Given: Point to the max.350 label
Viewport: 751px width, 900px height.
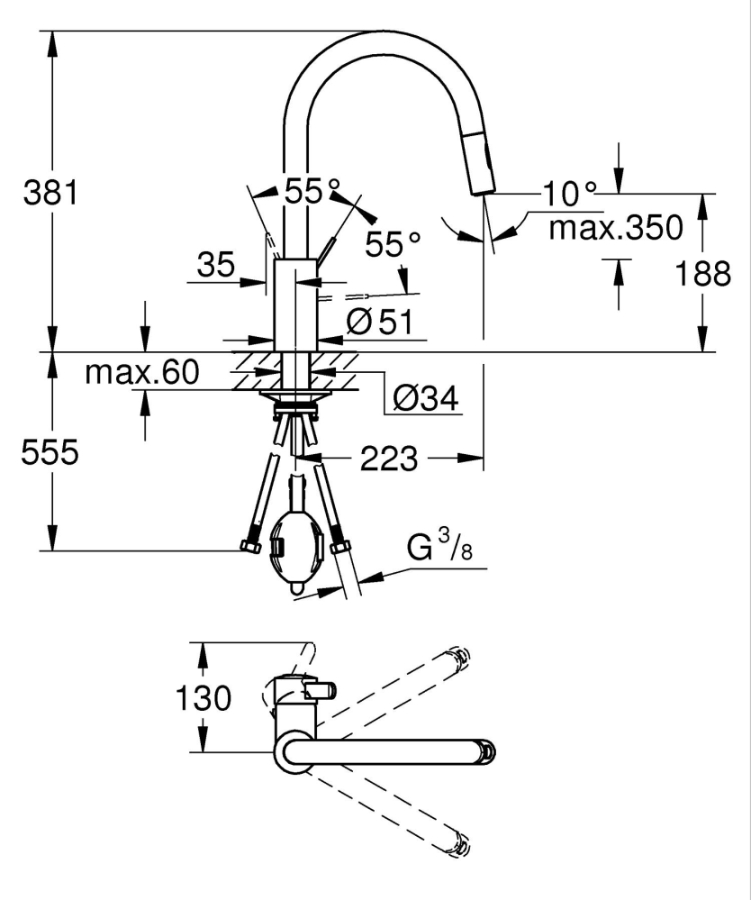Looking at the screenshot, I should point(616,229).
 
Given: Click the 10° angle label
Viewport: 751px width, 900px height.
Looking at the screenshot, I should point(570,192).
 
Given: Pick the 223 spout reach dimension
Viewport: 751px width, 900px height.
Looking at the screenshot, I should point(389,459).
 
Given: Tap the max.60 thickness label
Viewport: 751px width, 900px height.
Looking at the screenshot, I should point(141,371).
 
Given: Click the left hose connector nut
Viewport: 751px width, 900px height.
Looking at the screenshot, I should point(249,546).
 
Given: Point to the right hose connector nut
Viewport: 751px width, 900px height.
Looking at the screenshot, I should point(340,546).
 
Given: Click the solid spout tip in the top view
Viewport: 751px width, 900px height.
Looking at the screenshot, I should point(487,750).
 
